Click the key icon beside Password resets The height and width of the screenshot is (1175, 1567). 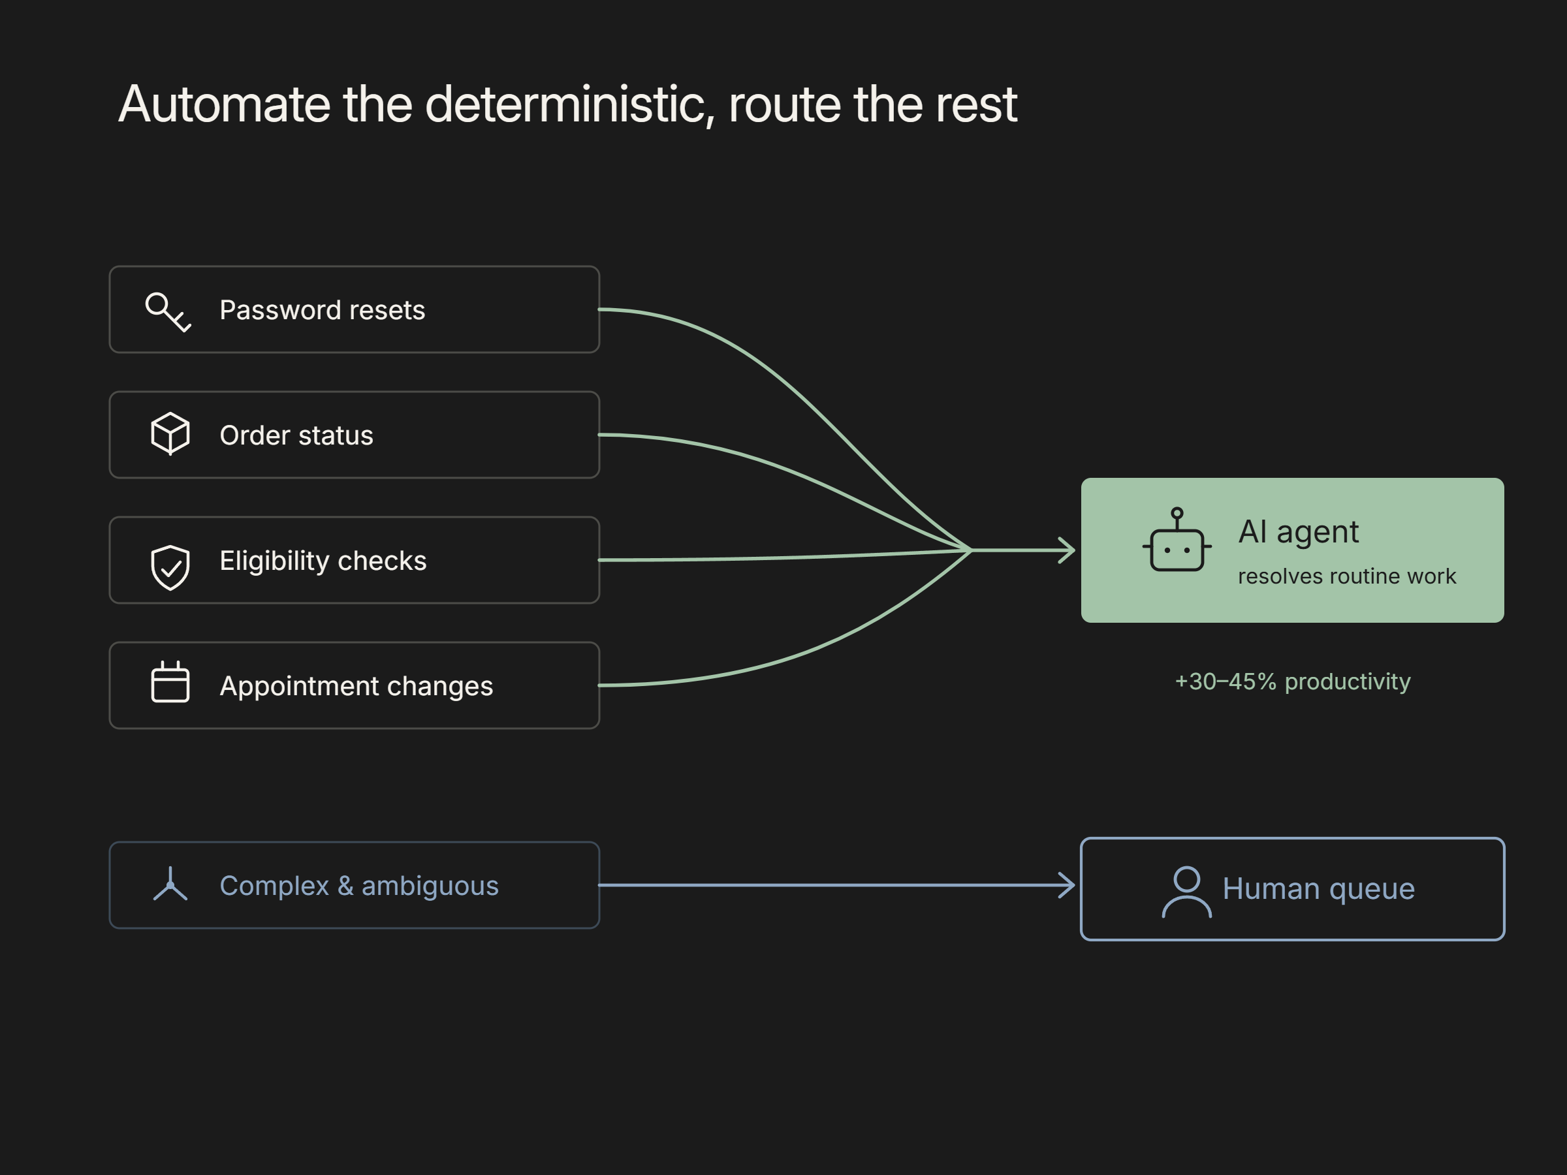pyautogui.click(x=167, y=311)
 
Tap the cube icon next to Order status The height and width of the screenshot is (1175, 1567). pyautogui.click(x=170, y=433)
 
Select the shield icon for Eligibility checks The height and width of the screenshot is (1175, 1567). pyautogui.click(x=170, y=567)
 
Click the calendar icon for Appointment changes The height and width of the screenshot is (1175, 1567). pyautogui.click(x=170, y=682)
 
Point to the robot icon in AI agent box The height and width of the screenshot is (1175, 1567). pyautogui.click(x=1177, y=540)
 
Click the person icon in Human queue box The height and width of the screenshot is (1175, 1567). pyautogui.click(x=1186, y=892)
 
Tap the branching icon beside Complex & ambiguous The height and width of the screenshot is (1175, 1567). pyautogui.click(x=170, y=884)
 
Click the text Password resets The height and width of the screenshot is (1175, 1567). pyautogui.click(x=323, y=310)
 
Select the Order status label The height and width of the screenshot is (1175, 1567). pyautogui.click(x=296, y=435)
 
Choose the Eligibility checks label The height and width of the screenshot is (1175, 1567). pyautogui.click(x=323, y=561)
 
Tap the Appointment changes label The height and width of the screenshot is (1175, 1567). pyautogui.click(x=356, y=686)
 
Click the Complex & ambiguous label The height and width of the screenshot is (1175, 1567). pyautogui.click(x=359, y=886)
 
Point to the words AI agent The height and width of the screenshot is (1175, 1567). pyautogui.click(x=1299, y=532)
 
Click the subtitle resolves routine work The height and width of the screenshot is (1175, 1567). pyautogui.click(x=1347, y=576)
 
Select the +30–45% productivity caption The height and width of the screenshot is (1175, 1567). pyautogui.click(x=1293, y=681)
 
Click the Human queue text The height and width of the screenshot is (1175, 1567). pyautogui.click(x=1318, y=889)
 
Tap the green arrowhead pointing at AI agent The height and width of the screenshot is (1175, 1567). pyautogui.click(x=1067, y=550)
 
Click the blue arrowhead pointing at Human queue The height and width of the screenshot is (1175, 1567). pyautogui.click(x=1067, y=885)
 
